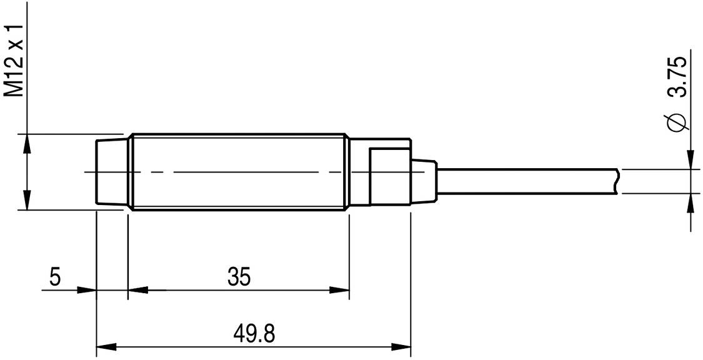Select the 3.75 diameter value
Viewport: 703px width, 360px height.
tap(677, 77)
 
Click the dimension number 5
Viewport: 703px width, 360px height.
tap(55, 277)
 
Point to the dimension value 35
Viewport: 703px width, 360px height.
tap(238, 277)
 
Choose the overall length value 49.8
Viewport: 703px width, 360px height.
tap(256, 333)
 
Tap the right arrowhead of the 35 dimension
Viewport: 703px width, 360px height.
tap(339, 290)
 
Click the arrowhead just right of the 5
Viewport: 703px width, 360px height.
tap(86, 290)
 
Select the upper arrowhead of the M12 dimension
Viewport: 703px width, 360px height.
tap(26, 144)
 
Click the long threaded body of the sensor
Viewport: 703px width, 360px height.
tap(237, 172)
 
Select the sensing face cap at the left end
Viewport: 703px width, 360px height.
tap(110, 172)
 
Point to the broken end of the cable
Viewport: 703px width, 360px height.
tap(617, 181)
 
